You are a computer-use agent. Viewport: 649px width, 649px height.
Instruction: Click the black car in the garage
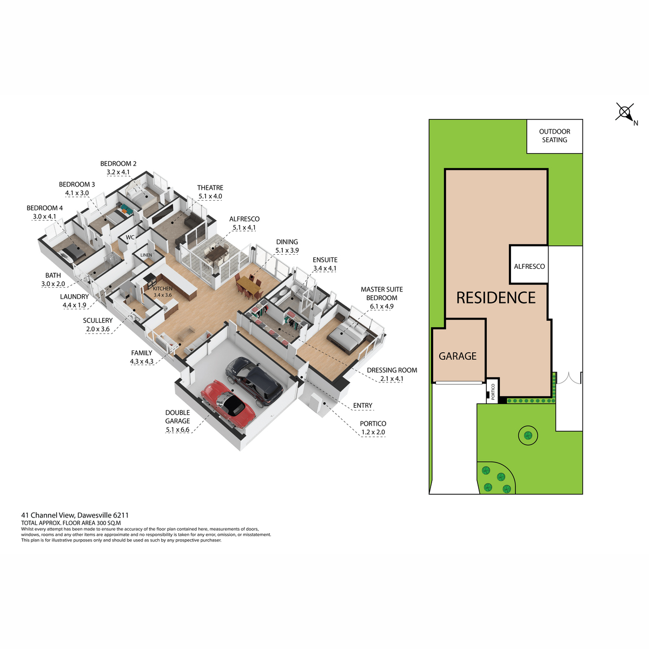click(254, 379)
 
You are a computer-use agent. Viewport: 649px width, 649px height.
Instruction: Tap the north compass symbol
click(625, 112)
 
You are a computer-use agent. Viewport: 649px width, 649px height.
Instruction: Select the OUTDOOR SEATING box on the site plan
click(554, 136)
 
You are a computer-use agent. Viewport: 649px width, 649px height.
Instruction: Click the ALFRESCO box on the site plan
click(529, 266)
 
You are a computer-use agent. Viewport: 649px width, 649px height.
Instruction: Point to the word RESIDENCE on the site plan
click(495, 298)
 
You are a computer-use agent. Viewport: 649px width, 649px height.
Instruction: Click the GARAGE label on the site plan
click(458, 356)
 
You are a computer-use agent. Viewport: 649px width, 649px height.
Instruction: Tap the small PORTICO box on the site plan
click(493, 390)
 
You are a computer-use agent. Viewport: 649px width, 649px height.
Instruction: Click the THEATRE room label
click(210, 188)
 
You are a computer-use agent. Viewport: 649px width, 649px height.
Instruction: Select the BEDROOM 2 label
click(118, 163)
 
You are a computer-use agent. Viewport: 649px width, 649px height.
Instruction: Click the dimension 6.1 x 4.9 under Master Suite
click(381, 307)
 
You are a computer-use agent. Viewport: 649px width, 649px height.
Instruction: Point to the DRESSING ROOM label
click(392, 370)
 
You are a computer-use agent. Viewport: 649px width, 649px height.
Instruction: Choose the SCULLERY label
click(97, 320)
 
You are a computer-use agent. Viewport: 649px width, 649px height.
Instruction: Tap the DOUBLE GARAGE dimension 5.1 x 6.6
click(177, 430)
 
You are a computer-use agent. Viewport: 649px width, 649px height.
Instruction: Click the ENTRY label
click(362, 406)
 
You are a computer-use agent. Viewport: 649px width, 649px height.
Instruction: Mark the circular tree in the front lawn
click(528, 434)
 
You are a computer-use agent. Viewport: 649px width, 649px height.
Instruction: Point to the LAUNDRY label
click(74, 296)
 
